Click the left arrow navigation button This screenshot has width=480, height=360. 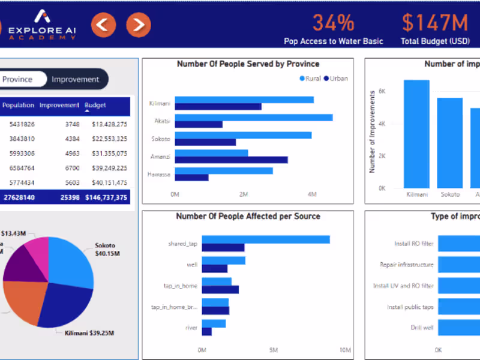[x=103, y=25]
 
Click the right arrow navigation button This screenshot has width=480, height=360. [x=139, y=25]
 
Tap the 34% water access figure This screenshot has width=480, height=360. [x=334, y=23]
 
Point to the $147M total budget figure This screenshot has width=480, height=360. [x=434, y=23]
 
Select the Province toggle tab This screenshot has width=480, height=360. [x=18, y=79]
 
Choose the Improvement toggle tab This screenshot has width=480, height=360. [x=75, y=79]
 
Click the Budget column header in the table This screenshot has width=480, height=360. [x=95, y=106]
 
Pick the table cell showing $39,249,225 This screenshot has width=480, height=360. [x=109, y=168]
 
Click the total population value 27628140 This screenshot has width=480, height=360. [x=19, y=197]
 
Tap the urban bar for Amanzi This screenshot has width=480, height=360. [x=231, y=160]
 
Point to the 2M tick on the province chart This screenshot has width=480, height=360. [x=244, y=195]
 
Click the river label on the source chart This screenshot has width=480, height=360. [x=191, y=328]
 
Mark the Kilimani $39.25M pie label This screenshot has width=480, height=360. [x=89, y=333]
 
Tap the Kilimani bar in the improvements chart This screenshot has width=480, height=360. [x=416, y=134]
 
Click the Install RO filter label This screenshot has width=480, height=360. [x=413, y=244]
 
